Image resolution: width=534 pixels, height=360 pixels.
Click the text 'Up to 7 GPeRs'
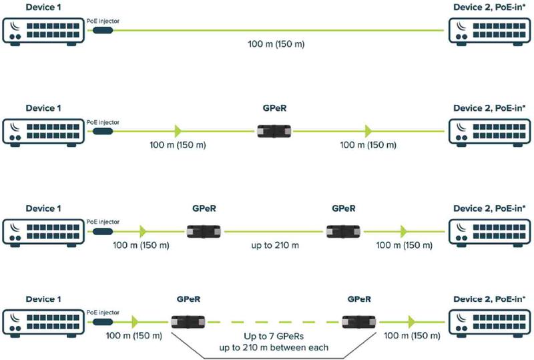tap(274, 337)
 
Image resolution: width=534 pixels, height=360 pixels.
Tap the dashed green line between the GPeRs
tap(273, 322)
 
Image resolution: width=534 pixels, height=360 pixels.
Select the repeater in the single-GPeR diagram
tap(274, 132)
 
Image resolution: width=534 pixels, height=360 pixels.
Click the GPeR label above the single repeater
tap(274, 108)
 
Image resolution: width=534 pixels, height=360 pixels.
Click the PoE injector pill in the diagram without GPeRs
tap(103, 30)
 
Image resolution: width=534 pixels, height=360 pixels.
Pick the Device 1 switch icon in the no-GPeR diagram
tap(43, 31)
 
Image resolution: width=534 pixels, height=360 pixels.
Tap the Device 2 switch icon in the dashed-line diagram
tap(490, 323)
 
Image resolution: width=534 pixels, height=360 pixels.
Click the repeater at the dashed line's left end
tap(188, 322)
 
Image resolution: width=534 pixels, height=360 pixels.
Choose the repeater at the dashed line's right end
tap(359, 322)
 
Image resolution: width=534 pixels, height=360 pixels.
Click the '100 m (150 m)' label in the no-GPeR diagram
tap(276, 44)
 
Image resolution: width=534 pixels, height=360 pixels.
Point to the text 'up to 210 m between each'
tap(274, 348)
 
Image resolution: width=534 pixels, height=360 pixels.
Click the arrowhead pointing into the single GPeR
tap(178, 131)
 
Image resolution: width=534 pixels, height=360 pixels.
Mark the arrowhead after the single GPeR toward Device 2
tap(368, 131)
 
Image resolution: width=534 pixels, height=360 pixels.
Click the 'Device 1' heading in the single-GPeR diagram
tap(43, 108)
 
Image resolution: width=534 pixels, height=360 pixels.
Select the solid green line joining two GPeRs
tap(274, 232)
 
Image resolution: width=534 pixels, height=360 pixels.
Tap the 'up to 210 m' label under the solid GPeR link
tap(275, 245)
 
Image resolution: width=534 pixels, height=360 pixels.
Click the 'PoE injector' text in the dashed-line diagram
tap(103, 313)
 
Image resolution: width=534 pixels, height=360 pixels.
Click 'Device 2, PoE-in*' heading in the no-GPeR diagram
tap(489, 7)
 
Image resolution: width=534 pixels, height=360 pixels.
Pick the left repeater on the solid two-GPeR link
tap(204, 232)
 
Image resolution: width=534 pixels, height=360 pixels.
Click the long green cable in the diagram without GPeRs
tap(278, 30)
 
